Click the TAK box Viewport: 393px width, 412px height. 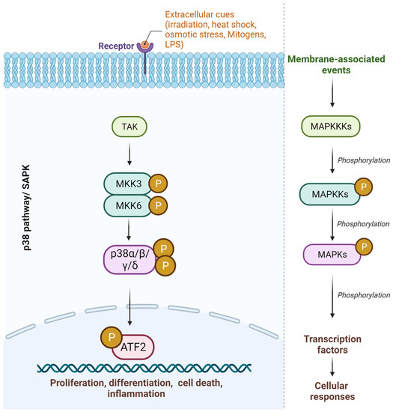pyautogui.click(x=130, y=127)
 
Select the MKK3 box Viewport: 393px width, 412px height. pyautogui.click(x=128, y=184)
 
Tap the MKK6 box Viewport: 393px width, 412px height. pyautogui.click(x=128, y=206)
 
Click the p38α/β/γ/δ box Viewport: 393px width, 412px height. pyautogui.click(x=130, y=259)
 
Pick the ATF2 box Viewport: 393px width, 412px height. pyautogui.click(x=133, y=348)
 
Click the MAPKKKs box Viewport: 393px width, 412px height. pyautogui.click(x=331, y=127)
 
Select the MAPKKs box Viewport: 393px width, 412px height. pyautogui.click(x=330, y=194)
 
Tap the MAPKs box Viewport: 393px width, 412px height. pyautogui.click(x=332, y=255)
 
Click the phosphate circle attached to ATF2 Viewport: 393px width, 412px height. pyautogui.click(x=112, y=337)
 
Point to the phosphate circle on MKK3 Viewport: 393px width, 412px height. pyautogui.click(x=158, y=183)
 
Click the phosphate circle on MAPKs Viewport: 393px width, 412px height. pyautogui.click(x=364, y=246)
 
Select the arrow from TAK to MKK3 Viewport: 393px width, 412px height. pyautogui.click(x=130, y=153)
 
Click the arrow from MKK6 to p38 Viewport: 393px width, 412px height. pyautogui.click(x=129, y=230)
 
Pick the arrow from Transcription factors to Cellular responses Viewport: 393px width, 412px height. pyautogui.click(x=332, y=367)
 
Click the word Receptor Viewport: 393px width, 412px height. pyautogui.click(x=116, y=46)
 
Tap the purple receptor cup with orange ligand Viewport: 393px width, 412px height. pyautogui.click(x=145, y=46)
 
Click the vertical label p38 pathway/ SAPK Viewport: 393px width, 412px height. pyautogui.click(x=26, y=207)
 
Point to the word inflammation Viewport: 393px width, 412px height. pyautogui.click(x=136, y=393)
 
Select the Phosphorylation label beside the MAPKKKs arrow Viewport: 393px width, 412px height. pyautogui.click(x=364, y=160)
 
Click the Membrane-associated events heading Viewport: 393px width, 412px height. pyautogui.click(x=336, y=64)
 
